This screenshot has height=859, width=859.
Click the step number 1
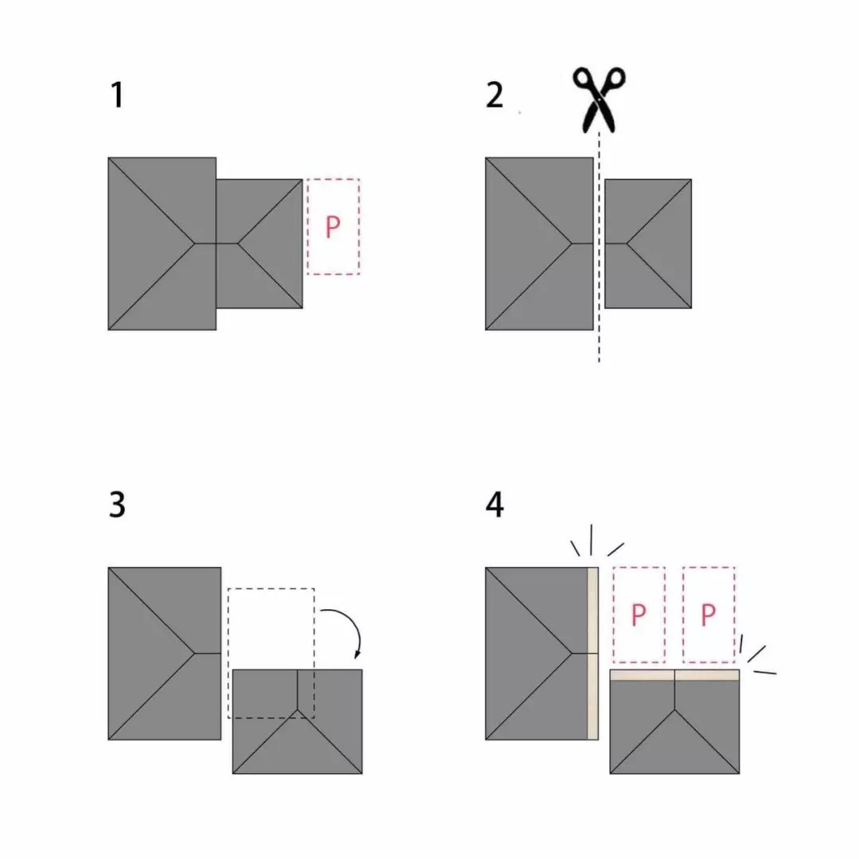(x=117, y=95)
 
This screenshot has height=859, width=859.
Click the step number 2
(x=494, y=95)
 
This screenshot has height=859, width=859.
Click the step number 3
(x=117, y=504)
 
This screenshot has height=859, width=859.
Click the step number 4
(x=495, y=504)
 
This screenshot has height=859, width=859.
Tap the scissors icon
(x=599, y=99)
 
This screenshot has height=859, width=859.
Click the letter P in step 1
(x=332, y=227)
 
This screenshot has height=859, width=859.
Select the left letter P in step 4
(x=639, y=615)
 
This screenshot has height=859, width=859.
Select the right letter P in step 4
(x=709, y=615)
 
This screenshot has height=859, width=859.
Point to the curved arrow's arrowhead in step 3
(x=358, y=654)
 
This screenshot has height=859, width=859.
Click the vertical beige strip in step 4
(x=593, y=654)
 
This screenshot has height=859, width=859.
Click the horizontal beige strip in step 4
(x=674, y=675)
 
